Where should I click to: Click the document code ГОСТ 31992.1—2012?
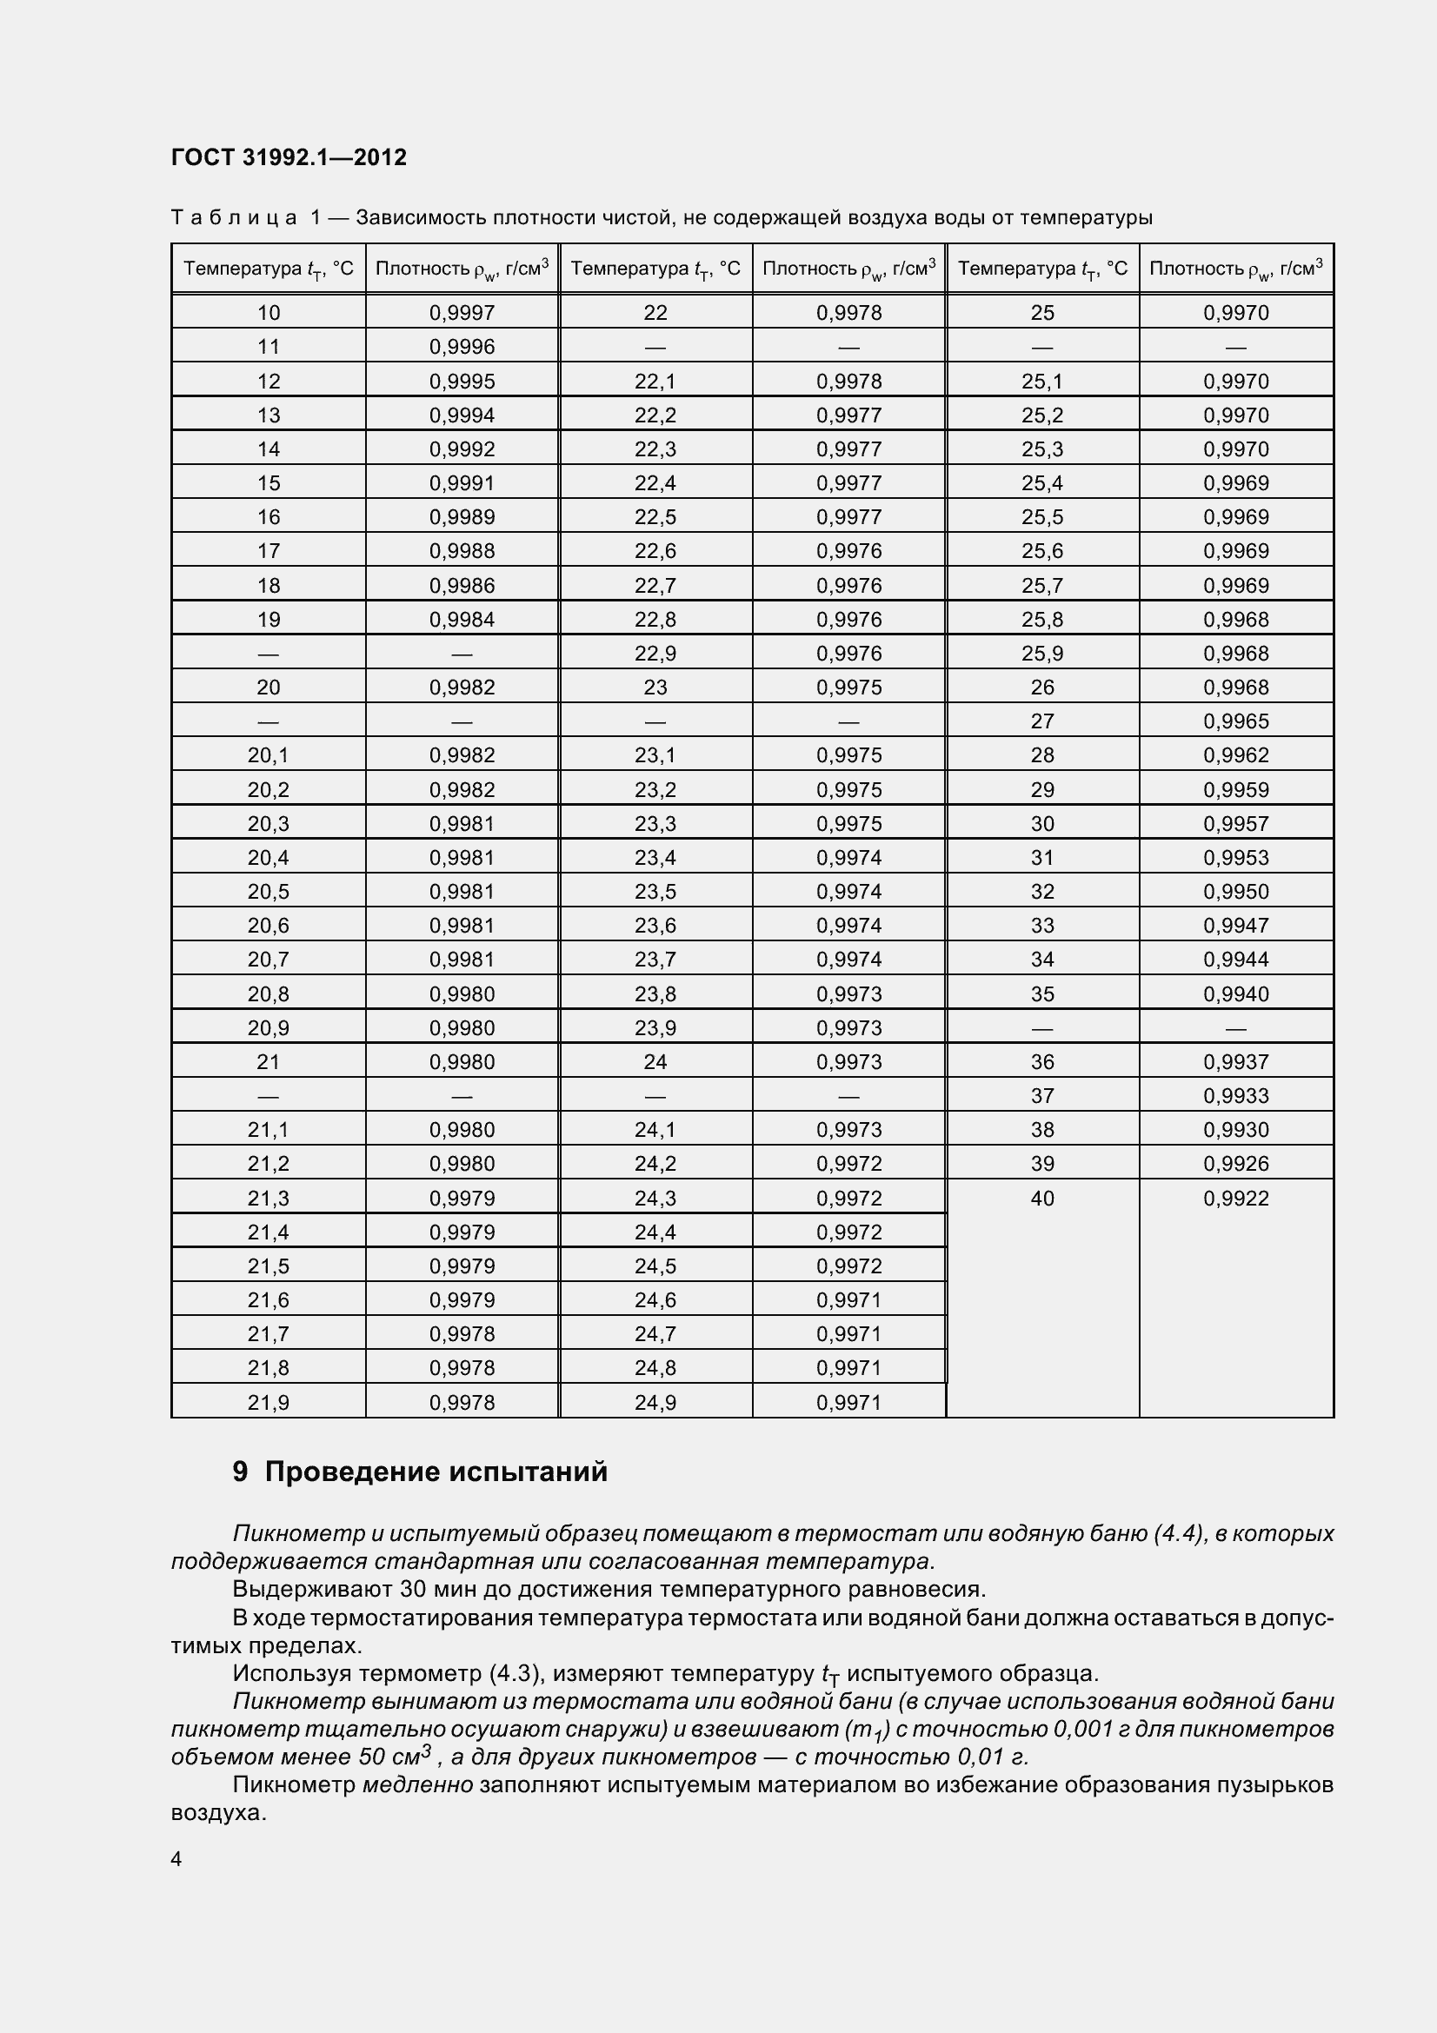click(x=289, y=157)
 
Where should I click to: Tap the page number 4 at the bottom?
click(x=176, y=1857)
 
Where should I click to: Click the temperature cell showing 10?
click(x=269, y=313)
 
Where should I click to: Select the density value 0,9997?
click(x=462, y=313)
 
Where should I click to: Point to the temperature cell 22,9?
click(x=655, y=654)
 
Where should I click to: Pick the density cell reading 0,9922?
click(x=1236, y=1198)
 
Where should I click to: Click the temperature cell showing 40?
click(x=1042, y=1198)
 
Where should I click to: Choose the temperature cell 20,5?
click(x=269, y=892)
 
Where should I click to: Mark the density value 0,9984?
click(x=462, y=620)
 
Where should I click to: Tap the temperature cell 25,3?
click(x=1042, y=448)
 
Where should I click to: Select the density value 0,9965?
click(x=1236, y=721)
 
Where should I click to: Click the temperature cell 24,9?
click(x=655, y=1403)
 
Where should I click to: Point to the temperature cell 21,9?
click(x=269, y=1403)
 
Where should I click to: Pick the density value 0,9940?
click(x=1236, y=994)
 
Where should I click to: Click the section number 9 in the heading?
click(x=240, y=1472)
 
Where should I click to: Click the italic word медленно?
click(x=418, y=1784)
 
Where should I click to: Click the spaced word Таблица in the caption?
click(x=234, y=218)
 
